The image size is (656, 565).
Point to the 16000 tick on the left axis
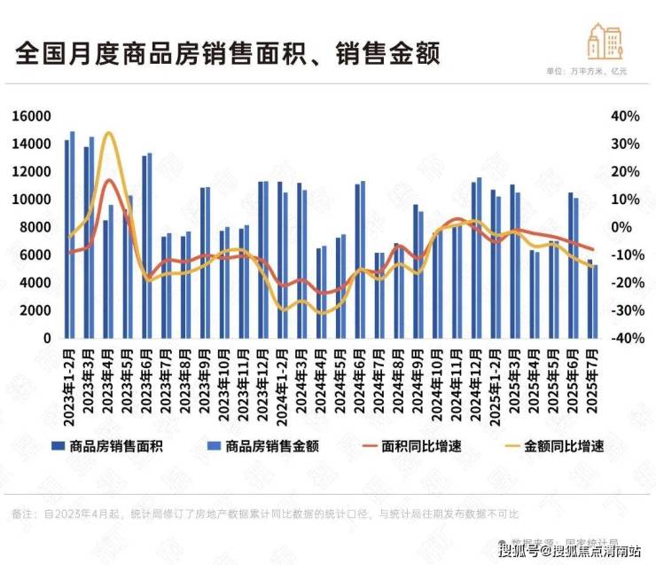pos(33,116)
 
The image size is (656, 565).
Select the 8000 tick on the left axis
pos(35,227)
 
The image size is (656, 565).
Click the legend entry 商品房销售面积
pos(116,446)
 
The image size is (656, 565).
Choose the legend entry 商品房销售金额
pos(269,446)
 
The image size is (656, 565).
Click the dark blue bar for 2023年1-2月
pos(66,239)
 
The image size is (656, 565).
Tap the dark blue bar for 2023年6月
pos(144,247)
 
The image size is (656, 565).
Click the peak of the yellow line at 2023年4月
pos(108,134)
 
